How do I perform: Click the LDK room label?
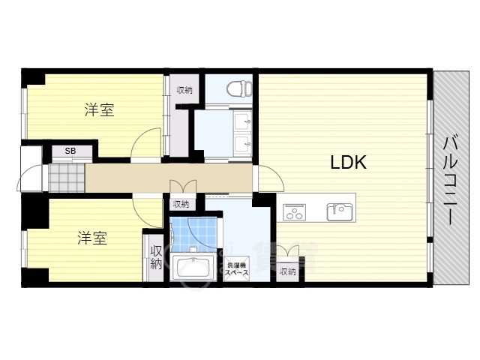click(348, 162)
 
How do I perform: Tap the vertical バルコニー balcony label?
click(451, 181)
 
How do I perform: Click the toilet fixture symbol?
click(239, 88)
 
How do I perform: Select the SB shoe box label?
click(70, 151)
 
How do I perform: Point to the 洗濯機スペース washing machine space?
click(237, 269)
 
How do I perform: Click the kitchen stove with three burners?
click(294, 211)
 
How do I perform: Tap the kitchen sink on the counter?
click(340, 211)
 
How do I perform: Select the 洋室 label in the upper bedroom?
click(100, 110)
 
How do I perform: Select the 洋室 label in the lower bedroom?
click(92, 238)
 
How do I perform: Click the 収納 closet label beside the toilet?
click(184, 90)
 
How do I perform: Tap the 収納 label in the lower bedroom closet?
click(156, 257)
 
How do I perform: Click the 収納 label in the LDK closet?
click(288, 271)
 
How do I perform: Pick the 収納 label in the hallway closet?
click(181, 204)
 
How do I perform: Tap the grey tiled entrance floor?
click(67, 178)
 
